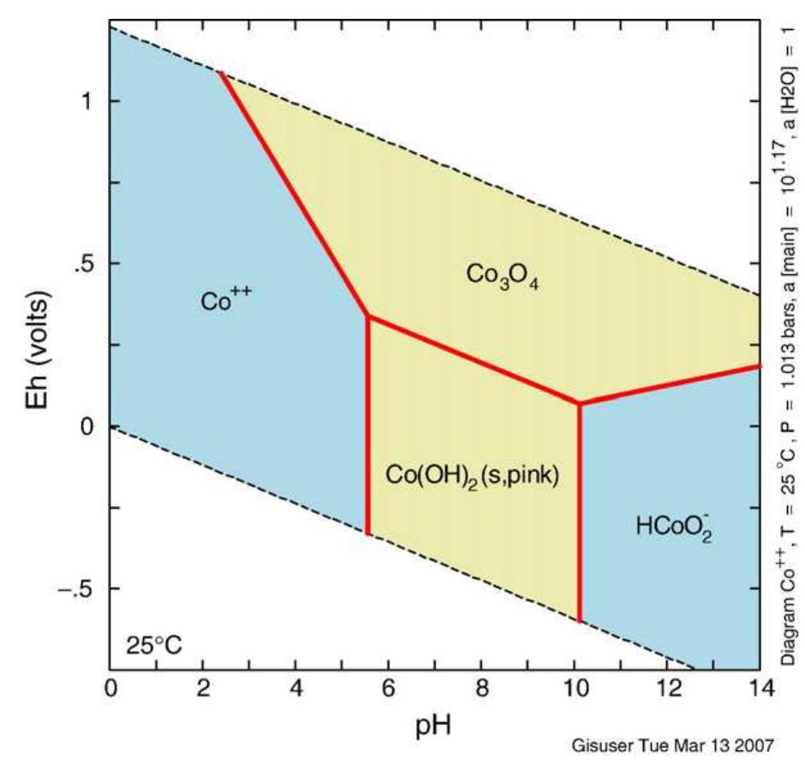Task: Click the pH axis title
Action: tap(434, 726)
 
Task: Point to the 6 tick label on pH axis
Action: tap(388, 688)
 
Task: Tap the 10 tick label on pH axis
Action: tap(574, 688)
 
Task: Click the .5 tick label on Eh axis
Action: tap(84, 264)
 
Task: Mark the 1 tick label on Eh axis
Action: tap(88, 101)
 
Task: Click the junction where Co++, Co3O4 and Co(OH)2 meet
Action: tap(368, 316)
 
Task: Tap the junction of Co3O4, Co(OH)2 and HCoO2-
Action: tap(580, 403)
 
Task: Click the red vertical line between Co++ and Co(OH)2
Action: tap(368, 428)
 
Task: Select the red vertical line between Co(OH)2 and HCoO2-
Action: tap(580, 514)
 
